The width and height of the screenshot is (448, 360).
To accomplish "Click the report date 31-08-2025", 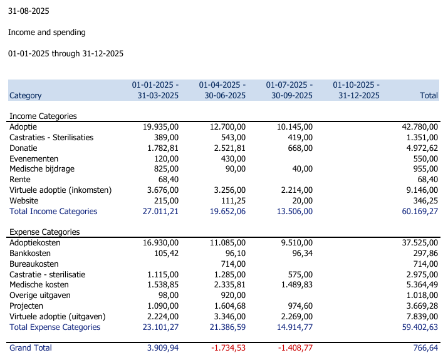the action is (x=29, y=11).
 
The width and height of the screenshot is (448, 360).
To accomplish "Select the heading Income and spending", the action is (x=47, y=33).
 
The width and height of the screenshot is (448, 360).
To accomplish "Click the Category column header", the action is (x=26, y=95).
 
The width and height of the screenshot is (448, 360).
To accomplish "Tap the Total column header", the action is (x=429, y=95).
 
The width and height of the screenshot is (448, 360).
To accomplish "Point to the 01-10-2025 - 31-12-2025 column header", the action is (x=357, y=90).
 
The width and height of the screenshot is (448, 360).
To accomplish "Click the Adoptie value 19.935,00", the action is (x=160, y=126).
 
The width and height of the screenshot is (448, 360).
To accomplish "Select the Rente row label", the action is (x=20, y=180).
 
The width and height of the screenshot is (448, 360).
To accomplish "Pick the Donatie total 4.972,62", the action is (x=422, y=148).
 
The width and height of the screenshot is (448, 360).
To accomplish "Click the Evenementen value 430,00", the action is (x=233, y=159).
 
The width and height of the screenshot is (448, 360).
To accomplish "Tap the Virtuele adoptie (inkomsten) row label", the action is (x=61, y=190).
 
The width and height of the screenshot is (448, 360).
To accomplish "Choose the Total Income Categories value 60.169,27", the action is (x=420, y=212).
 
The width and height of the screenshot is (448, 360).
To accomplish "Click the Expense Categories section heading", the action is (x=44, y=232).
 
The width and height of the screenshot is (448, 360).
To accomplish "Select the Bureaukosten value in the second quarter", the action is (x=233, y=264).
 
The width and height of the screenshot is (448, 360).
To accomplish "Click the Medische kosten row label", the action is (x=39, y=285).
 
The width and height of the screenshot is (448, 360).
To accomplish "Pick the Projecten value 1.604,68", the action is (x=230, y=306).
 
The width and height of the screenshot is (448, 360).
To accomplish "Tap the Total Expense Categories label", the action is (x=55, y=327).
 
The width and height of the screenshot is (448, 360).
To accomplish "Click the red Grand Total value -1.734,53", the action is (x=228, y=348).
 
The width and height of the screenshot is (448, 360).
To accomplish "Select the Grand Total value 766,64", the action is (x=425, y=348).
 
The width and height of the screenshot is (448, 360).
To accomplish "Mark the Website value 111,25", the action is (x=233, y=201).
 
